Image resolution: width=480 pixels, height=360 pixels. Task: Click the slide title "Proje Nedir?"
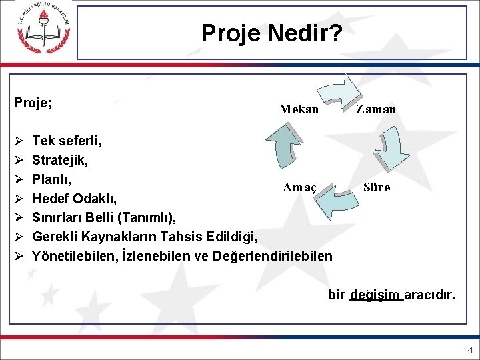pyautogui.click(x=272, y=32)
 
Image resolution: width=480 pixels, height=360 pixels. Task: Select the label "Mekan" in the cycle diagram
pyautogui.click(x=299, y=109)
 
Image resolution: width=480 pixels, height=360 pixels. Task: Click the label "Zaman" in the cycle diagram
pyautogui.click(x=376, y=109)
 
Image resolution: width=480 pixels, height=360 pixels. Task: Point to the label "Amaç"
pyautogui.click(x=299, y=187)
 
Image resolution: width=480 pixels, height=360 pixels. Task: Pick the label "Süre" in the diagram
pyautogui.click(x=377, y=187)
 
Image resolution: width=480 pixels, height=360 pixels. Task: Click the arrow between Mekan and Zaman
pyautogui.click(x=339, y=93)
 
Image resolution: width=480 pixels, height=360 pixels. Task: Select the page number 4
pyautogui.click(x=469, y=349)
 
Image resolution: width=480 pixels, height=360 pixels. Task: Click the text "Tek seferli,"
pyautogui.click(x=67, y=141)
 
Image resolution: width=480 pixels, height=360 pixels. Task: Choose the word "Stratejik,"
pyautogui.click(x=60, y=160)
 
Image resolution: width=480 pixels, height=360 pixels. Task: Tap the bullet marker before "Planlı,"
pyautogui.click(x=19, y=179)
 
